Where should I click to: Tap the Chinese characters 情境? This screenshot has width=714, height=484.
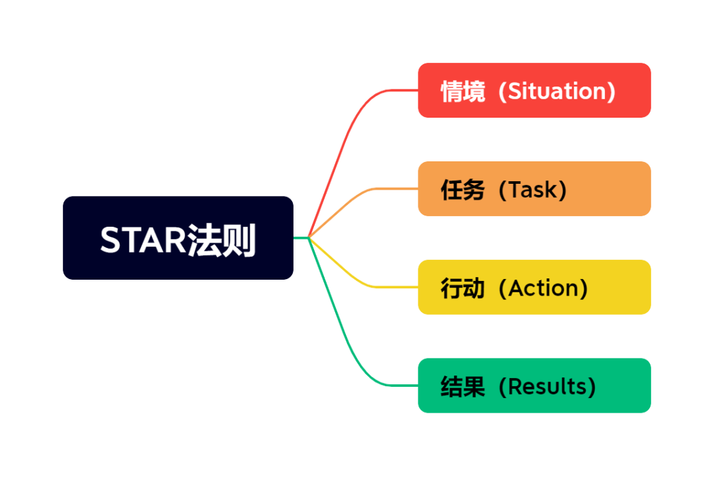463,91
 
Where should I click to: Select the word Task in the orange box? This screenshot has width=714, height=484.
532,189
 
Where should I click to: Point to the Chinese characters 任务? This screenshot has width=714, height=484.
463,190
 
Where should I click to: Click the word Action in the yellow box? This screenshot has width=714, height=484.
543,288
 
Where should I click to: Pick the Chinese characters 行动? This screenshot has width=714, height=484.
463,288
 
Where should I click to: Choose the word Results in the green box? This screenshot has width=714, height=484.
547,386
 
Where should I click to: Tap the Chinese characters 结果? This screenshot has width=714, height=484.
463,387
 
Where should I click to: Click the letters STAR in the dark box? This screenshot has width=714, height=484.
143,240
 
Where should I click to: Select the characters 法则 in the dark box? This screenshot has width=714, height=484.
221,241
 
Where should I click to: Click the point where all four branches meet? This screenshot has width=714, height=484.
309,237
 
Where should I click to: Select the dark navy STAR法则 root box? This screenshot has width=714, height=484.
178,237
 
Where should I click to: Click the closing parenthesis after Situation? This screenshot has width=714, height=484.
611,91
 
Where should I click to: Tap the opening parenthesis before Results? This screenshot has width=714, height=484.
502,386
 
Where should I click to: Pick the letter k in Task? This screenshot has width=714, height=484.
552,189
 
